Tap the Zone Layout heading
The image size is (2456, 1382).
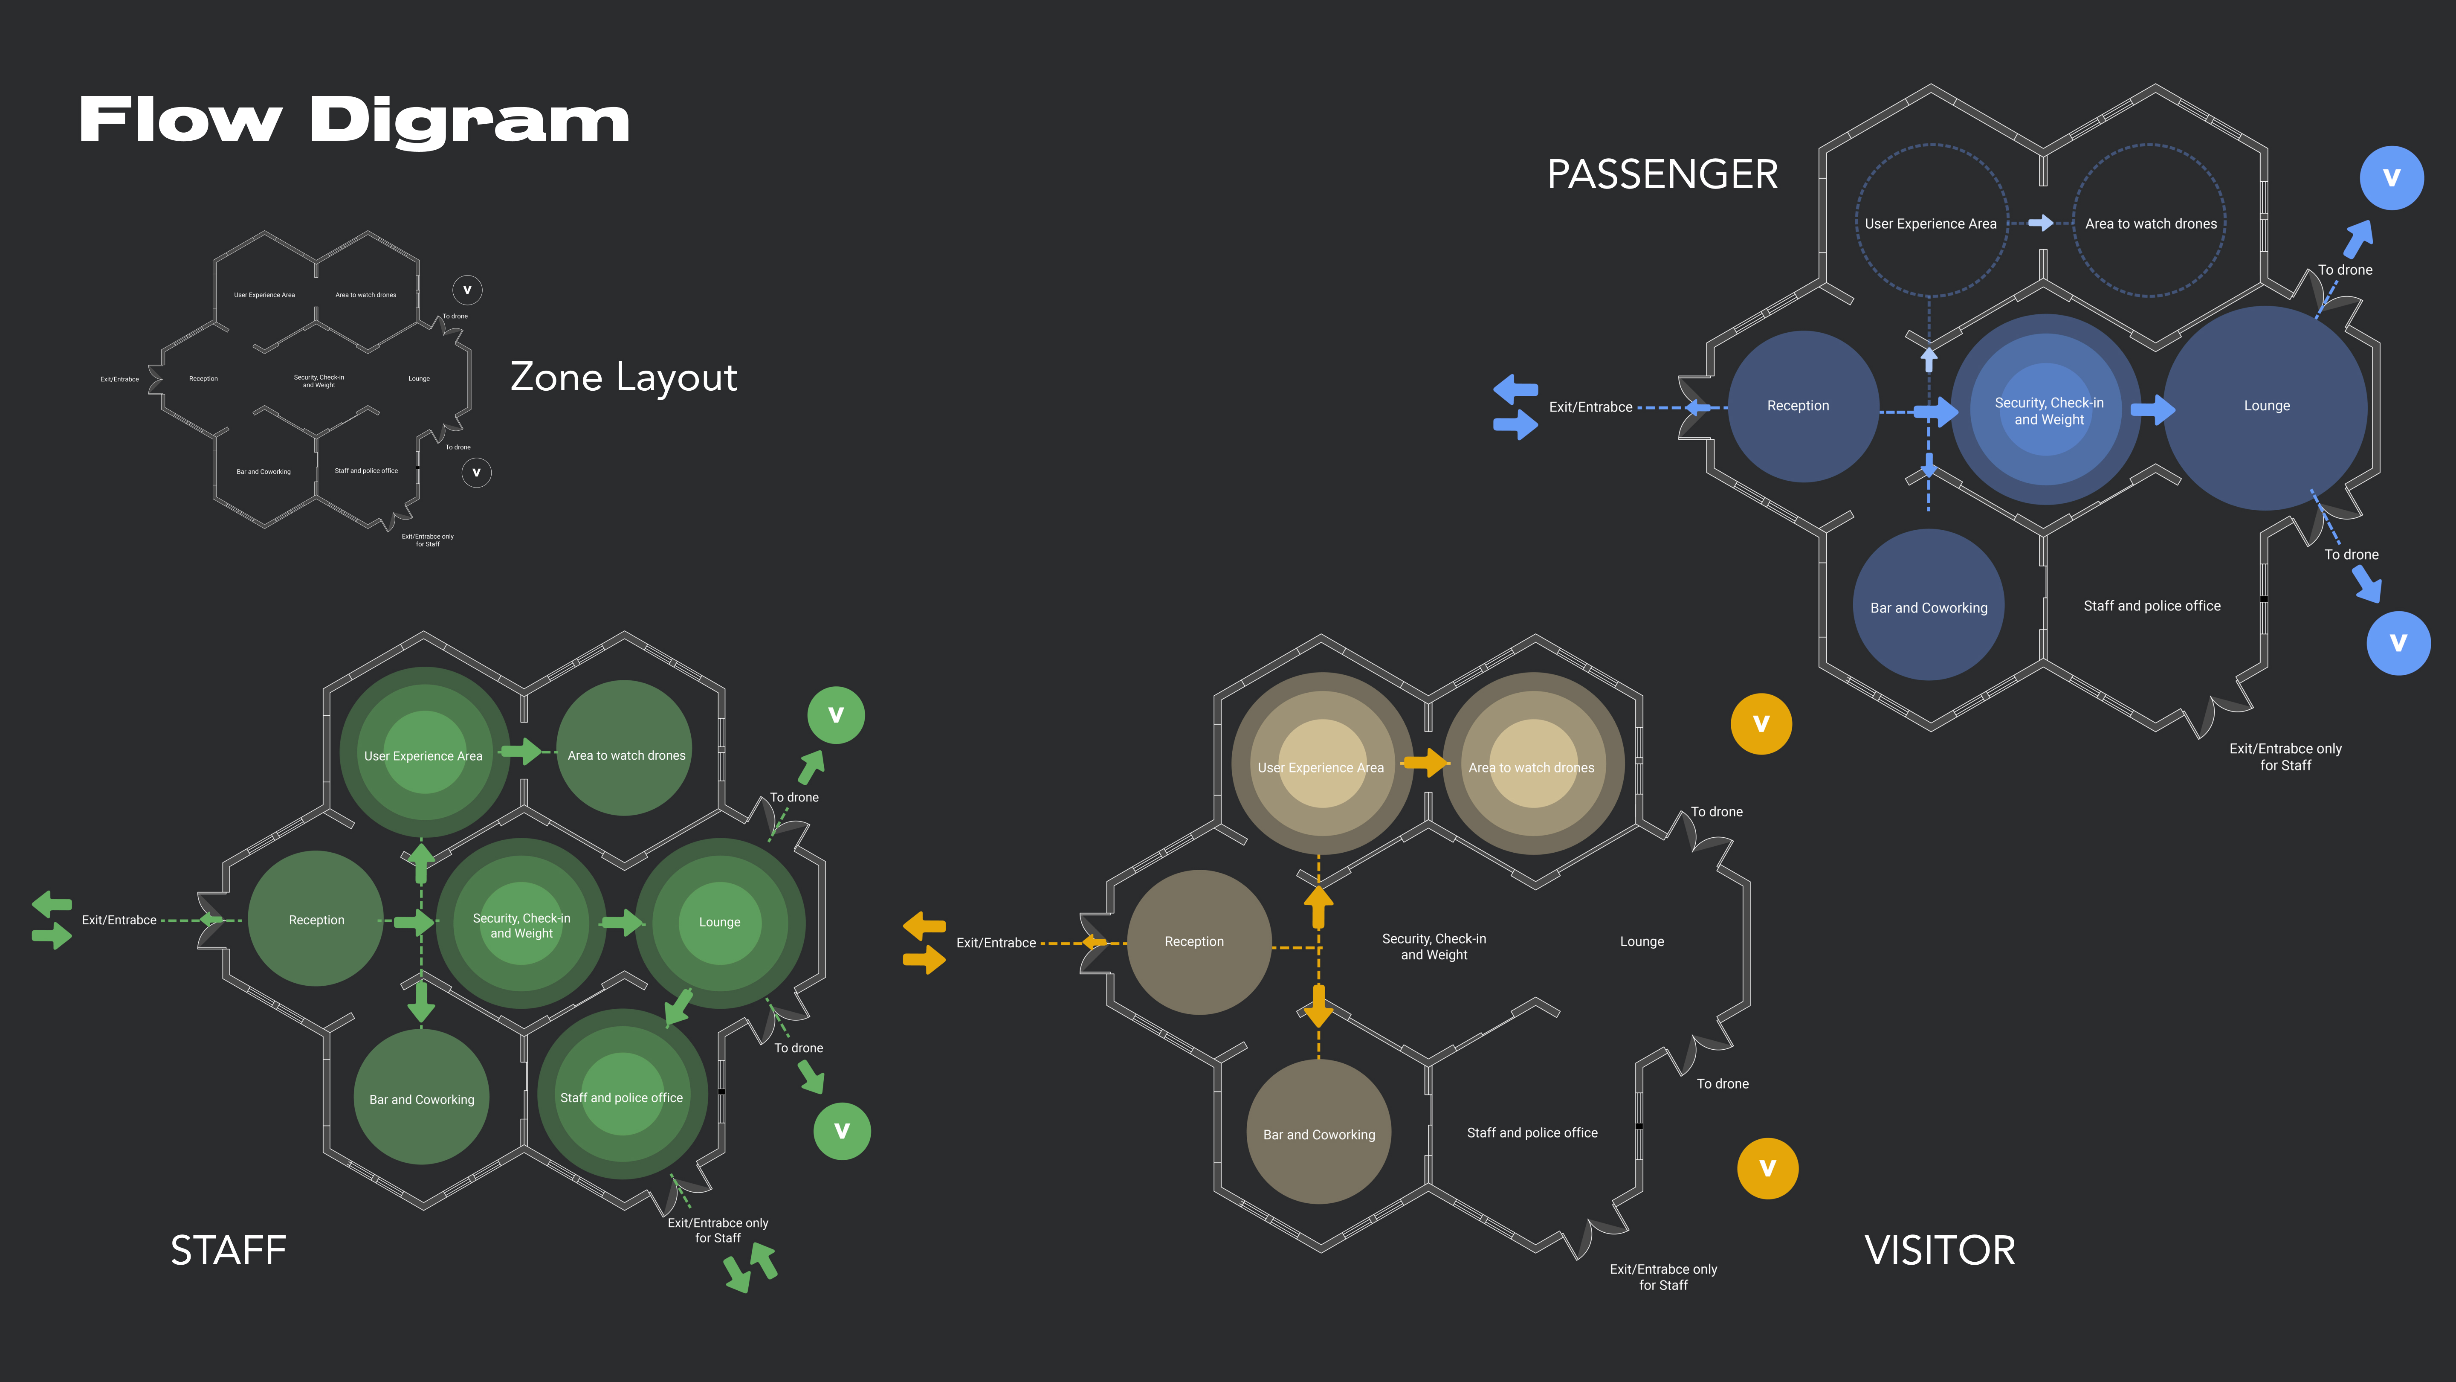pos(623,377)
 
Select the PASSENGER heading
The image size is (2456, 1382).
pos(1662,174)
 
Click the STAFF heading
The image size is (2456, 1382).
pos(228,1250)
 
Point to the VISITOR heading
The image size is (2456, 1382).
pos(1939,1250)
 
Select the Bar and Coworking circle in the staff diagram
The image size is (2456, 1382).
pos(421,1097)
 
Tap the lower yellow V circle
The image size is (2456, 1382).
pos(1767,1168)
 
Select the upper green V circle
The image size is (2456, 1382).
pos(835,714)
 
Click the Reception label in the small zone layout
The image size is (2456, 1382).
pos(203,379)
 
